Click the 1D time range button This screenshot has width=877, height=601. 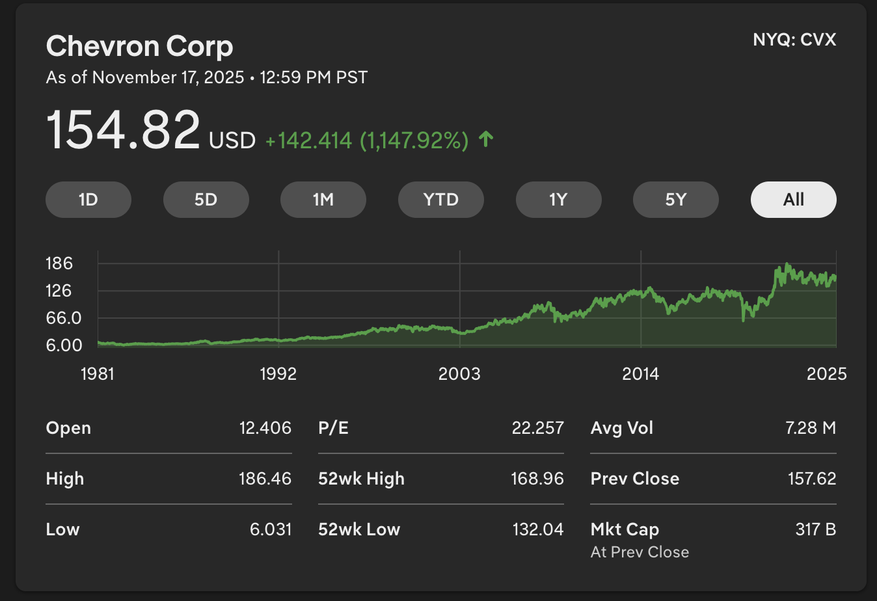(88, 200)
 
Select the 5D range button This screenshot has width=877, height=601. (206, 200)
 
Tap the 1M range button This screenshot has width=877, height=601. (323, 200)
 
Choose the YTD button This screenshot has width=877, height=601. (441, 200)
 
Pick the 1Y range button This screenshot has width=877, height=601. (558, 200)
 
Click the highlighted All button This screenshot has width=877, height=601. (793, 200)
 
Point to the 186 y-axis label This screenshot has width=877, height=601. (59, 263)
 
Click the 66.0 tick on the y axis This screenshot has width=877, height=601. (63, 318)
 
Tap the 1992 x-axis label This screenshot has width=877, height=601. (278, 374)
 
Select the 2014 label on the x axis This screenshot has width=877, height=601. (641, 374)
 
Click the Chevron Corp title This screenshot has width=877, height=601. (139, 46)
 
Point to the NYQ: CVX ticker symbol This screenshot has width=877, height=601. (794, 40)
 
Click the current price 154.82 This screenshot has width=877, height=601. (123, 130)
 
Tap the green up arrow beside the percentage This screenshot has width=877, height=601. (486, 139)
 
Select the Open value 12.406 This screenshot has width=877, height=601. (265, 428)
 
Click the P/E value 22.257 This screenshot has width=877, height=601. (537, 428)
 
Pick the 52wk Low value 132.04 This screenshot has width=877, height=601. (537, 529)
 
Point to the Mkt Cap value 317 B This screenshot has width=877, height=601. (815, 529)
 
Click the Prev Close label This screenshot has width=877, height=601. (635, 479)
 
